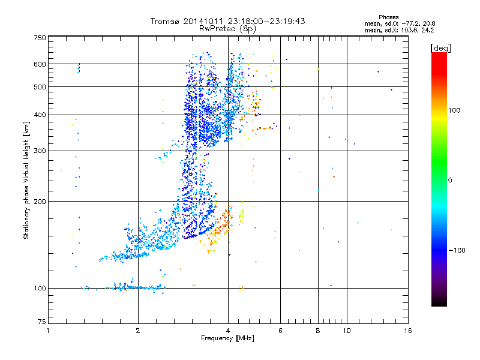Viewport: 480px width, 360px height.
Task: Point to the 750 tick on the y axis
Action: [40, 37]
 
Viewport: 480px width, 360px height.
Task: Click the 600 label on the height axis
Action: [40, 64]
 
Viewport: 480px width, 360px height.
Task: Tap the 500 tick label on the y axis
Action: [40, 87]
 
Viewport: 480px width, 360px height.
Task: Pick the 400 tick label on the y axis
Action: [40, 115]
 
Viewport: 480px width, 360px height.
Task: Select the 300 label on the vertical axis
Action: [40, 151]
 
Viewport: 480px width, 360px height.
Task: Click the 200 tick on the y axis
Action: [40, 202]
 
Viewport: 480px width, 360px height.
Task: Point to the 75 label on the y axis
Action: [41, 324]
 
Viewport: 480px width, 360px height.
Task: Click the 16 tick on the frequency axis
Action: [407, 331]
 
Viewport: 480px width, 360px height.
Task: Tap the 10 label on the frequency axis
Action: [347, 331]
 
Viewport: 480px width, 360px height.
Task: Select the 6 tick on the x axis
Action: [280, 331]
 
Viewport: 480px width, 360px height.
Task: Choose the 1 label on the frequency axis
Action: [49, 331]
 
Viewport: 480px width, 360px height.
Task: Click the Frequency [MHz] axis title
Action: [227, 339]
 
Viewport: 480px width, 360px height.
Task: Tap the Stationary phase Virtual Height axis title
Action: [26, 180]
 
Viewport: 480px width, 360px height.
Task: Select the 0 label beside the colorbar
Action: [450, 180]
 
